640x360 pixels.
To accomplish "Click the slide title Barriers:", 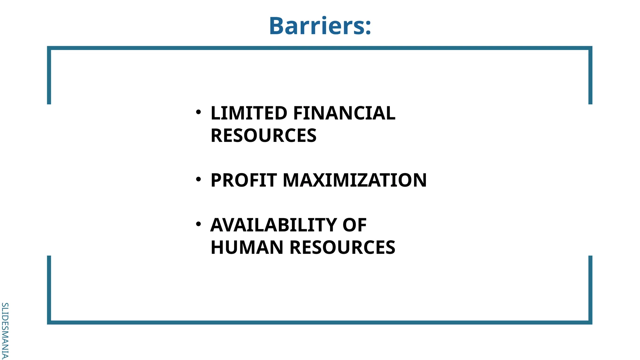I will click(320, 26).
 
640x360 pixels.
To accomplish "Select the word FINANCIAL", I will click(344, 113).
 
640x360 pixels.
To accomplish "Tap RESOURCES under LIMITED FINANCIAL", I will click(263, 136).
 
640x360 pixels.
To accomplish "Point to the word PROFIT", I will click(244, 180).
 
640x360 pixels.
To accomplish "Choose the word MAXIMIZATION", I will click(355, 180).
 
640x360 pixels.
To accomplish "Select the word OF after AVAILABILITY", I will click(354, 225).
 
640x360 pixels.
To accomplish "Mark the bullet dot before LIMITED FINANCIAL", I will click(198, 112).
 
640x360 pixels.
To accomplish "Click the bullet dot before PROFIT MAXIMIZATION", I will click(198, 179).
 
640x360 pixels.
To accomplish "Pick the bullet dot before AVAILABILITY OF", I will click(198, 224).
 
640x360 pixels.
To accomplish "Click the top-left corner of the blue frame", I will click(49, 48).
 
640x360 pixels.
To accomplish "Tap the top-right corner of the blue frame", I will click(590, 48).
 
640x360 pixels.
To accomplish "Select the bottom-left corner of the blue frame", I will click(49, 322).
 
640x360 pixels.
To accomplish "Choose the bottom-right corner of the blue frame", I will click(590, 322).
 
